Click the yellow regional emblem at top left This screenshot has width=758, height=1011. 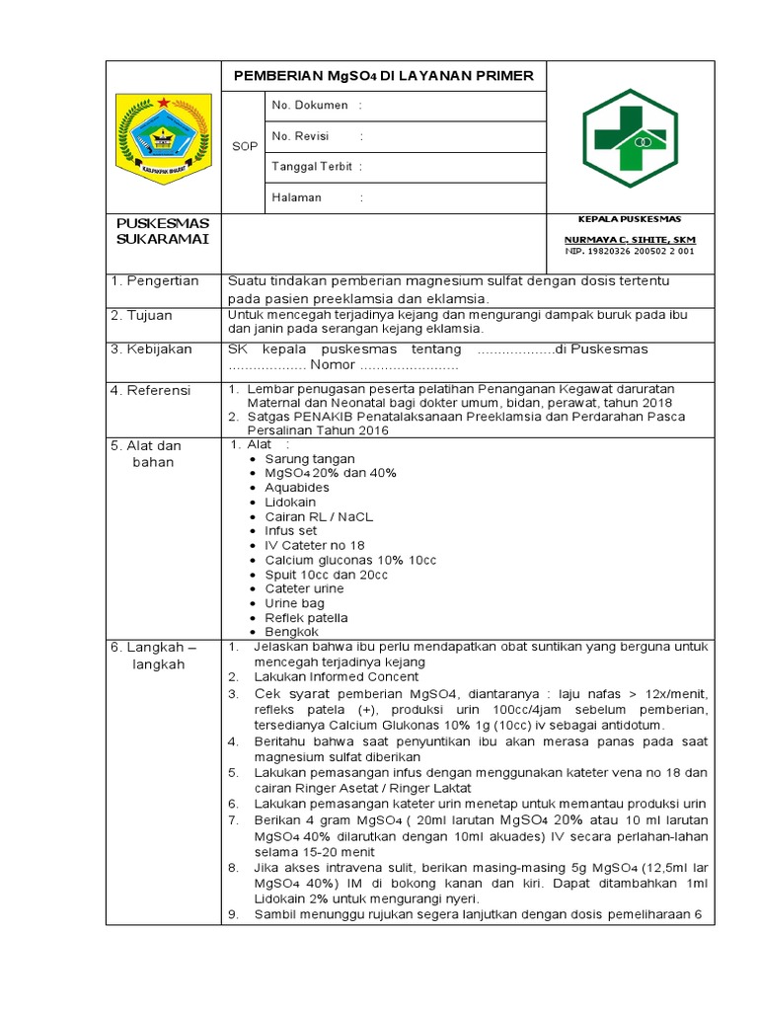163,137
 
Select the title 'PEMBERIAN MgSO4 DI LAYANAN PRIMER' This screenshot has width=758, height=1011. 383,76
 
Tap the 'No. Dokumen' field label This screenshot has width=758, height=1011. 309,105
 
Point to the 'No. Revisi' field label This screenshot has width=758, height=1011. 300,136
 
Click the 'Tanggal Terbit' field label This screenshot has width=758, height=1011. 312,167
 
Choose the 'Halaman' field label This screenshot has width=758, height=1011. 297,197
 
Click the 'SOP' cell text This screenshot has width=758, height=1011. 245,147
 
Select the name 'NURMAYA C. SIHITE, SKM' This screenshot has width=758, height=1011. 629,240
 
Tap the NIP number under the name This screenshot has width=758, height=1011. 629,251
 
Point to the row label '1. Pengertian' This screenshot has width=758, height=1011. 155,281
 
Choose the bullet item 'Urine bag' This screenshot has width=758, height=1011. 294,602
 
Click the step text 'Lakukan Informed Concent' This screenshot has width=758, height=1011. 336,677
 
